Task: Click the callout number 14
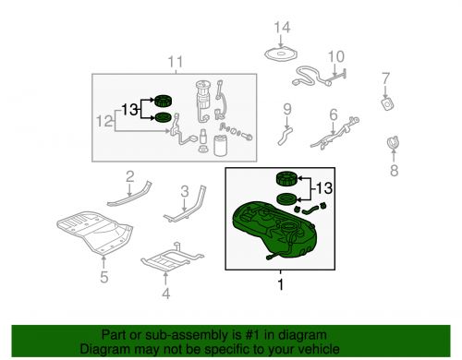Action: [x=282, y=28]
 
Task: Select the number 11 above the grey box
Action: [x=176, y=62]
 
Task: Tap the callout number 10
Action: [x=336, y=56]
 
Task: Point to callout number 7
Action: [x=386, y=78]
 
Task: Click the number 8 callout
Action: [x=395, y=171]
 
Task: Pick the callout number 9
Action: [x=287, y=109]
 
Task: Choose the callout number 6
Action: [x=334, y=114]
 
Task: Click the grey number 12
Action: [x=104, y=121]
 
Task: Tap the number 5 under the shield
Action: [x=104, y=277]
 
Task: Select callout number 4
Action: [x=166, y=294]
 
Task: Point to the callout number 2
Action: [x=130, y=176]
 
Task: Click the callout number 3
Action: [x=185, y=191]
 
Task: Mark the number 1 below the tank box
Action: [x=280, y=284]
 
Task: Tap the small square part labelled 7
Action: [x=388, y=103]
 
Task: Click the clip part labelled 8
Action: [x=393, y=142]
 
